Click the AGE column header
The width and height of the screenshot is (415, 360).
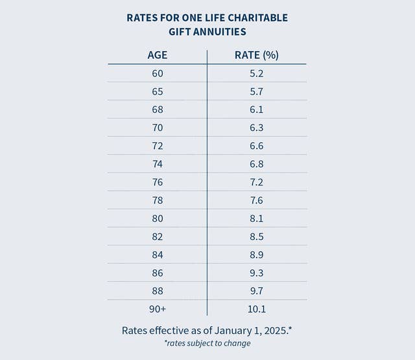158,55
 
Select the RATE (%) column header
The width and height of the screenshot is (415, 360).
256,55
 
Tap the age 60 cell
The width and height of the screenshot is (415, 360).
158,73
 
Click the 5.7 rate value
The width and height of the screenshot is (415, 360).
257,91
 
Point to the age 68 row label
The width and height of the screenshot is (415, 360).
158,110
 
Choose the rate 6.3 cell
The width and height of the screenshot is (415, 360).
257,128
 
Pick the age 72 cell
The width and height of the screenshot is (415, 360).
158,146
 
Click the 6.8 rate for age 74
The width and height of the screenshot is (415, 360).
257,164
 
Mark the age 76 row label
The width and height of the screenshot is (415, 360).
158,182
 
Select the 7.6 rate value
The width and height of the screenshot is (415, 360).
257,200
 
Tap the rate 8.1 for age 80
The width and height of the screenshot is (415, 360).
257,219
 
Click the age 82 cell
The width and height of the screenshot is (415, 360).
158,237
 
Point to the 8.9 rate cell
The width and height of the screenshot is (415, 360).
257,255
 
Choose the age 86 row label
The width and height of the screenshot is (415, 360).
158,273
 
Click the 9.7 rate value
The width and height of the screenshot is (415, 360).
257,291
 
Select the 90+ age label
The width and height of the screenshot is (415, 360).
158,309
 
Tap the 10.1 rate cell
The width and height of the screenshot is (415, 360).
257,309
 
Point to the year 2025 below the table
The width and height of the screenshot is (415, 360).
272,330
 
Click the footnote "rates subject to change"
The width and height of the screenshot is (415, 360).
207,343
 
